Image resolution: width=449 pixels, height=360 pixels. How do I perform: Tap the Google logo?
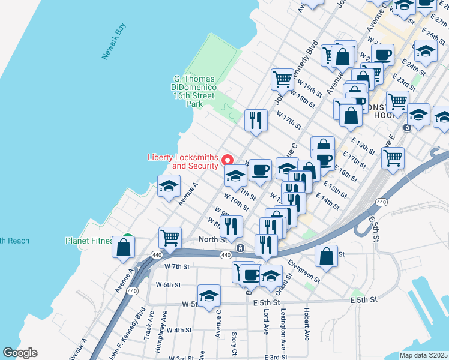click(x=20, y=353)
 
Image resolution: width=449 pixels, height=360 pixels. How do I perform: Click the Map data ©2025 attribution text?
click(x=424, y=355)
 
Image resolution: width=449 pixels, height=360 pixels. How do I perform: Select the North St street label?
click(x=212, y=239)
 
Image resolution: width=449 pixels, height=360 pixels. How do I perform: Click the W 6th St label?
click(x=168, y=284)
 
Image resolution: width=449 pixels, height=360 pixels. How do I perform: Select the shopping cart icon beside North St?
click(x=170, y=237)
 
